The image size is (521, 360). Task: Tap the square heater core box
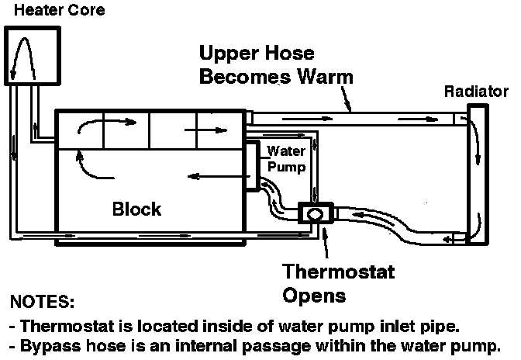(32, 56)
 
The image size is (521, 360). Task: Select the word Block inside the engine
(136, 209)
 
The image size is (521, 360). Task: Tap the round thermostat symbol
(316, 213)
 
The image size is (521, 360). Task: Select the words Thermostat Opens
(338, 284)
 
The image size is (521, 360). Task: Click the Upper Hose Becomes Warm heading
(276, 65)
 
